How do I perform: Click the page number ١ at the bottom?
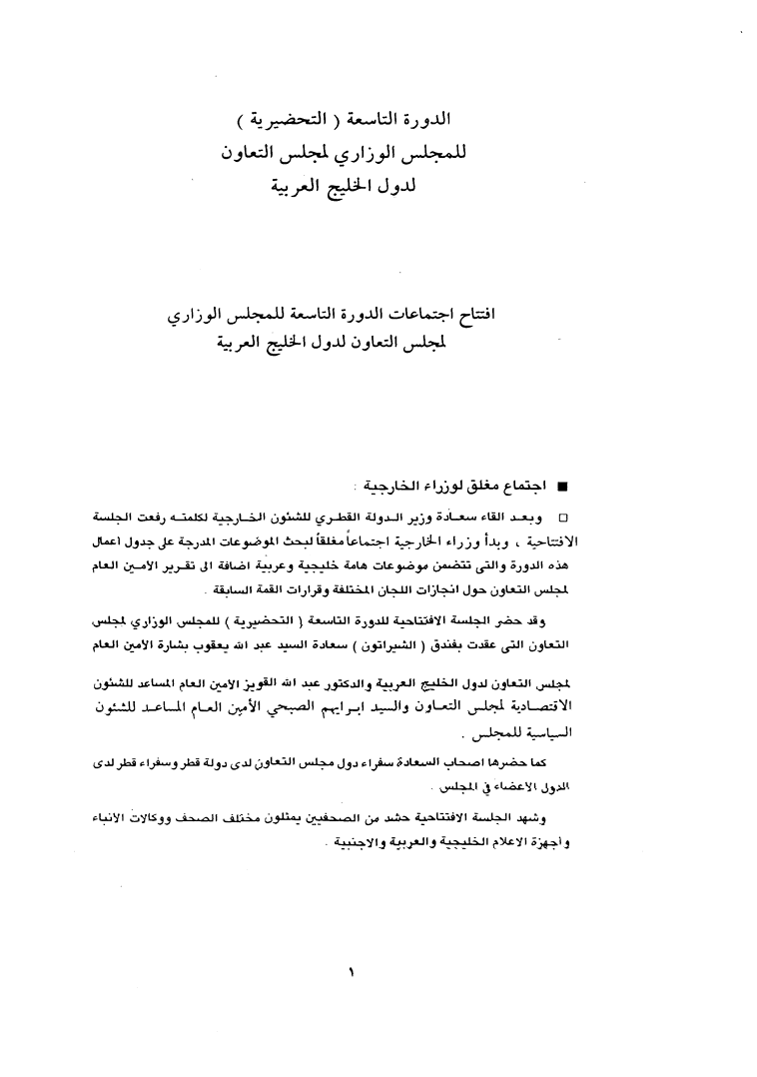coord(352,968)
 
